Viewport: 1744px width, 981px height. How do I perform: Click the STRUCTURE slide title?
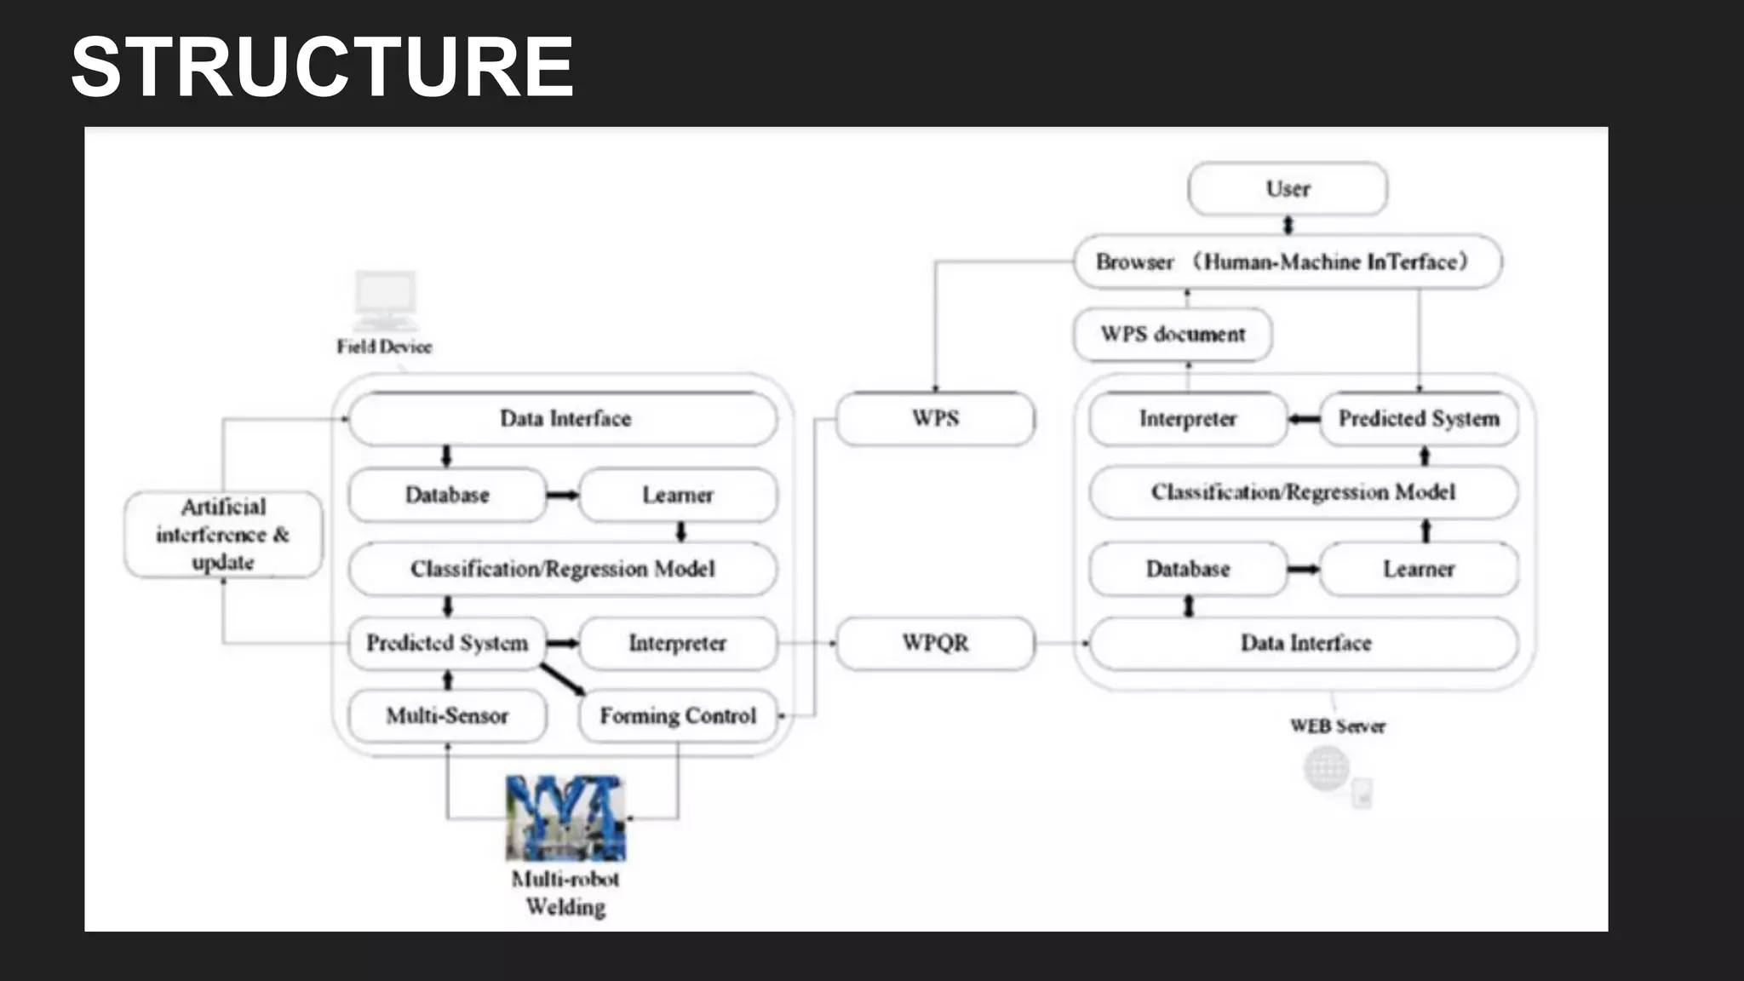click(322, 67)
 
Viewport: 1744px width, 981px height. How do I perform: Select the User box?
click(1288, 189)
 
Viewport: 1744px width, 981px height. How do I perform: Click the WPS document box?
click(1173, 335)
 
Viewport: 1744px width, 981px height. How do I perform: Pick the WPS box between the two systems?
click(935, 419)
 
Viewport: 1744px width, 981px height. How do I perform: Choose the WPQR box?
click(935, 643)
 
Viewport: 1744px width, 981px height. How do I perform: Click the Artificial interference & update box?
click(223, 535)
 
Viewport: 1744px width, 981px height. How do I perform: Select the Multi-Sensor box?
click(447, 716)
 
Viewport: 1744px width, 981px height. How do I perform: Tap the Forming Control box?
click(678, 716)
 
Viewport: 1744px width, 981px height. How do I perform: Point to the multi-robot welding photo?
click(565, 818)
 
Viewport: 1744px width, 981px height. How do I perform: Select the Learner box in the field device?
click(678, 495)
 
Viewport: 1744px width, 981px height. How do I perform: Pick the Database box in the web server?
click(1188, 569)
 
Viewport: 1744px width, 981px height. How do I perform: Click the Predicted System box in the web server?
click(1419, 419)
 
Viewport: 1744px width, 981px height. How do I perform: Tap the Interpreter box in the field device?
click(678, 643)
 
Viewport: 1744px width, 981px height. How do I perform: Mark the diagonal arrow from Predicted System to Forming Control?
click(563, 680)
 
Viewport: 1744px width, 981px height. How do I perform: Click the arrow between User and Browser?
click(1288, 226)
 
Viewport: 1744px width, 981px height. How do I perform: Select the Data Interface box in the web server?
click(1305, 643)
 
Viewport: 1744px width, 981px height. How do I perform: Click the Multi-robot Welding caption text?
click(565, 893)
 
